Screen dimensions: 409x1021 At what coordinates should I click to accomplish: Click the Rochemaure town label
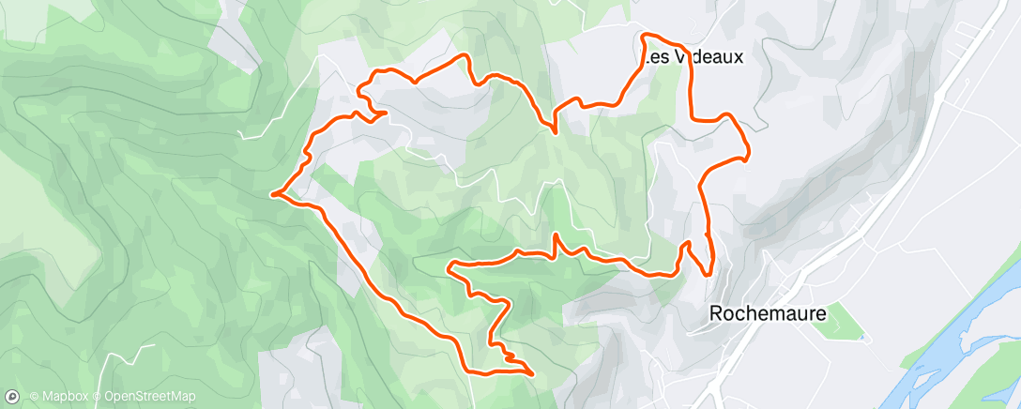click(x=768, y=314)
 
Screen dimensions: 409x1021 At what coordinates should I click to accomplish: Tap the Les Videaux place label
click(x=693, y=57)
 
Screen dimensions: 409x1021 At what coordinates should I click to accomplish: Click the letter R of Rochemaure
click(x=716, y=314)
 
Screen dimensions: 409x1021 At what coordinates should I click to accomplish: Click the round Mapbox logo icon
click(x=14, y=397)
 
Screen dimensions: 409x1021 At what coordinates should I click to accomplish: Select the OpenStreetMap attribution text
click(x=149, y=397)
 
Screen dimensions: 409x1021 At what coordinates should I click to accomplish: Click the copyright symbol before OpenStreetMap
click(x=98, y=397)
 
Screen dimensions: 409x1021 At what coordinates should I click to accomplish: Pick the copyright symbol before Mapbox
click(x=34, y=397)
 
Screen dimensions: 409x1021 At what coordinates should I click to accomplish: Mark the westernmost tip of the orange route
click(x=272, y=195)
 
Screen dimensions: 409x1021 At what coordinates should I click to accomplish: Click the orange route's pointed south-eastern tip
click(x=532, y=373)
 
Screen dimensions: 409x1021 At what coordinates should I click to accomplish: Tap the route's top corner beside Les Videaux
click(x=644, y=37)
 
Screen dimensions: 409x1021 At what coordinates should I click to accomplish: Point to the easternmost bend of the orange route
click(x=748, y=157)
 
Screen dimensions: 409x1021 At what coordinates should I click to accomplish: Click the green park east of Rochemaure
click(x=846, y=319)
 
